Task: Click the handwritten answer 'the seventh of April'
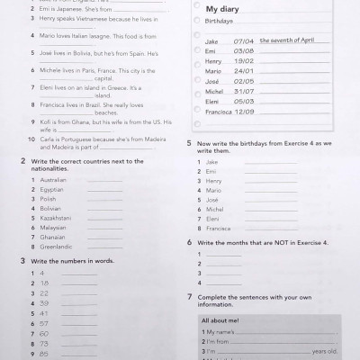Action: pyautogui.click(x=287, y=40)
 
